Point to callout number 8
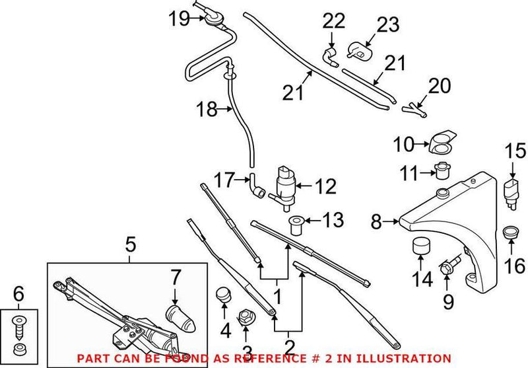pos(376,223)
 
